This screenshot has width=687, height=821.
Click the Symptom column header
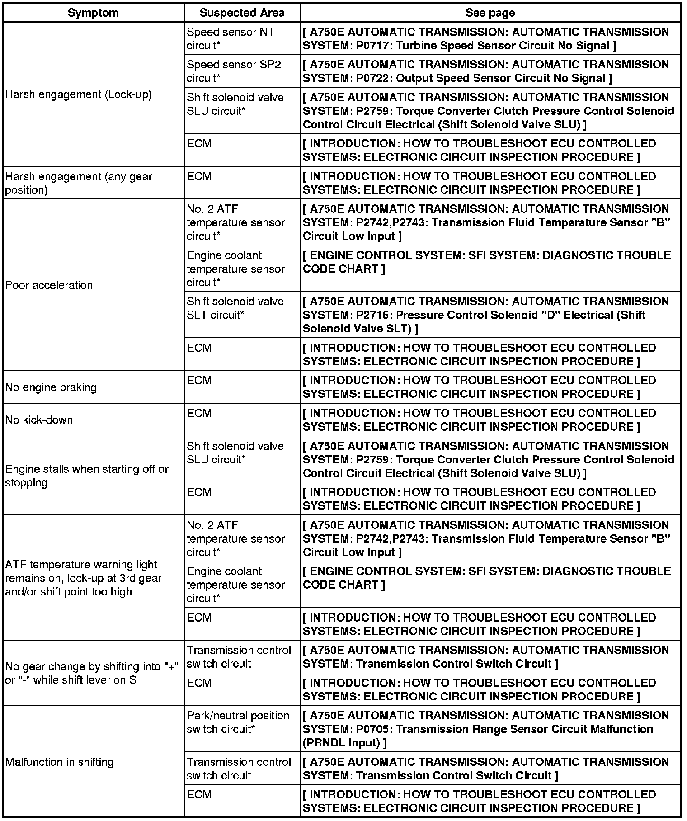pos(93,13)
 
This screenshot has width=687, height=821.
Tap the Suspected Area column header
pos(242,13)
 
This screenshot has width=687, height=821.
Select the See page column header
pos(490,13)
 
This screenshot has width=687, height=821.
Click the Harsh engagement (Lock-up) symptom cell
pos(79,94)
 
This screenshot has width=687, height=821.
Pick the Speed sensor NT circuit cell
pos(230,39)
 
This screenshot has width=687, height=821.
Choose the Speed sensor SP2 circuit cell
pos(234,71)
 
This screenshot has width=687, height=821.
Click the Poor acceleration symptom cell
pos(49,285)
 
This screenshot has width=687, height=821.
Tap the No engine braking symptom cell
pos(51,387)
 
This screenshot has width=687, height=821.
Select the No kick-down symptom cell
pos(39,420)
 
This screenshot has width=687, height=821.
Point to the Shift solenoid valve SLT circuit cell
pos(235,308)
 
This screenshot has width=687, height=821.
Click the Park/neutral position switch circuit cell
pos(238,722)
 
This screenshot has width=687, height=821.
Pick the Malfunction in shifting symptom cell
pos(59,762)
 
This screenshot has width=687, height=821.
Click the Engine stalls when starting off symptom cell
pos(87,476)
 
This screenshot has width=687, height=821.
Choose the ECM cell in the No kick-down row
pos(199,413)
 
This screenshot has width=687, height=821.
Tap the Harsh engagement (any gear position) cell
pos(79,183)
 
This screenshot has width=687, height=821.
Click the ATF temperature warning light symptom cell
pos(83,578)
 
